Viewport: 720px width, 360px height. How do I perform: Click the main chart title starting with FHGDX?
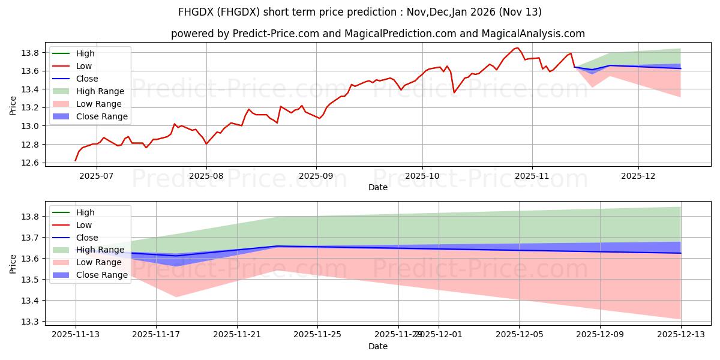click(x=360, y=12)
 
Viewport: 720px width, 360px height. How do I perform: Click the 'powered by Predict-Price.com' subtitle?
click(x=360, y=34)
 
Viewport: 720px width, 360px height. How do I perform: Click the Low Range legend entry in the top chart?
click(x=100, y=104)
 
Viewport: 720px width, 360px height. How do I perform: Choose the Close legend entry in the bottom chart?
click(x=87, y=238)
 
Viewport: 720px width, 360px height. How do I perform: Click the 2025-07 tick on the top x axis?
click(x=97, y=176)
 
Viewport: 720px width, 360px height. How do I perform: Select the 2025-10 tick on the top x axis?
click(x=422, y=176)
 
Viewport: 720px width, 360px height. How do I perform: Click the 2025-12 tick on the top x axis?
click(x=638, y=176)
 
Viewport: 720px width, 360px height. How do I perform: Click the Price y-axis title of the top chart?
click(x=13, y=106)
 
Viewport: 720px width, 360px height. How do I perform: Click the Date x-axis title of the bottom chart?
click(x=378, y=346)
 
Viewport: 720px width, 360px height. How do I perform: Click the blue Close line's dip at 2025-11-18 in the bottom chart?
click(x=177, y=256)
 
